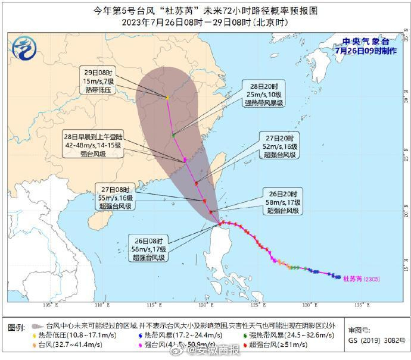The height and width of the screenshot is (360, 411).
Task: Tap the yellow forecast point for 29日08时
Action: coord(167,98)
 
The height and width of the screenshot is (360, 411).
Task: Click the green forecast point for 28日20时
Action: coord(173,136)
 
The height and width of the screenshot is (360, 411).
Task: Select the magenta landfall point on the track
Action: coord(186,159)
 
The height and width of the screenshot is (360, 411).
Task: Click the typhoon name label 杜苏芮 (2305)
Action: coord(362,278)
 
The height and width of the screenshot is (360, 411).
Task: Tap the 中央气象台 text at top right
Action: coord(366,42)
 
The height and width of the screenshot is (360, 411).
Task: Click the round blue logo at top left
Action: coord(23,46)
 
